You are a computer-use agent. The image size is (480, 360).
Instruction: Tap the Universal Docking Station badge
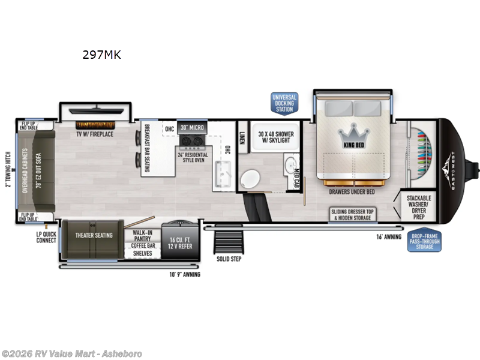click(284, 103)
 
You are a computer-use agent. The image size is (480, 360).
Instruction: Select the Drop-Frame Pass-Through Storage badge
click(424, 241)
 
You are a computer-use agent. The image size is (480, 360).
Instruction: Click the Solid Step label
click(229, 260)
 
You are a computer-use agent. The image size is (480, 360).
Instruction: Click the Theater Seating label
click(94, 235)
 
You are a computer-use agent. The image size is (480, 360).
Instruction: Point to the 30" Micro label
click(193, 128)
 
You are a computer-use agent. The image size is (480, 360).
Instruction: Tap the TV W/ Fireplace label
click(95, 134)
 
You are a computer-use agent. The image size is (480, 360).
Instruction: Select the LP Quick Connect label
click(46, 237)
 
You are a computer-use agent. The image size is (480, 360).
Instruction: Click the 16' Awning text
click(389, 237)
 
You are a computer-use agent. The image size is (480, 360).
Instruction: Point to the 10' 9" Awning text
click(184, 274)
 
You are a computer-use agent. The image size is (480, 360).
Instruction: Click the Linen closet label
click(242, 137)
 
